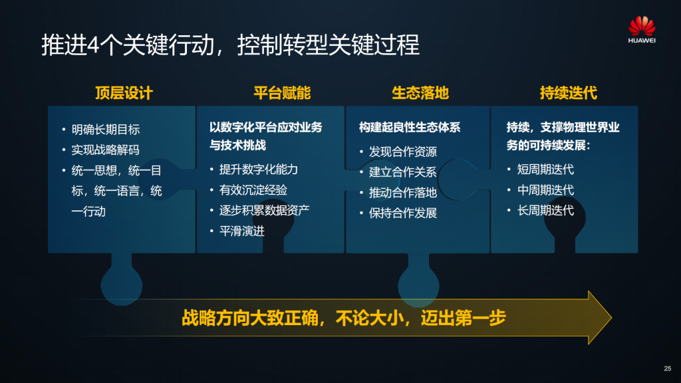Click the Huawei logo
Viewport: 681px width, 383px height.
click(642, 29)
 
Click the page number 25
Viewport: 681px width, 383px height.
click(668, 368)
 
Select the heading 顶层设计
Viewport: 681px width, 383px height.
click(124, 93)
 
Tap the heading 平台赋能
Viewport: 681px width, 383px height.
click(282, 93)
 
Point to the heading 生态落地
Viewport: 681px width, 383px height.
click(420, 93)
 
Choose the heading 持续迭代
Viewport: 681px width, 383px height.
click(568, 93)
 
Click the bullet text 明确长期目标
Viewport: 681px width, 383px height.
click(106, 130)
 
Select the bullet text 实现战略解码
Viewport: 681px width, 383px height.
click(106, 150)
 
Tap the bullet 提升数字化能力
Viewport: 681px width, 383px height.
click(259, 170)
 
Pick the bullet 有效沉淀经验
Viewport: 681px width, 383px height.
click(253, 190)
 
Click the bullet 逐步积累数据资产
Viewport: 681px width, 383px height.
click(265, 210)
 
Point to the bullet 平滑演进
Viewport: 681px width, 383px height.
click(242, 231)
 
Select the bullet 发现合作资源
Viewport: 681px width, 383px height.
click(402, 152)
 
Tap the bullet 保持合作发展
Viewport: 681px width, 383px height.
click(402, 213)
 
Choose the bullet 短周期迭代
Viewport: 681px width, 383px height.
click(545, 170)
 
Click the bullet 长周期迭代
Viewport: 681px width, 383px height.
click(545, 210)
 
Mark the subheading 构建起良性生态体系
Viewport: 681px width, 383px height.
click(410, 127)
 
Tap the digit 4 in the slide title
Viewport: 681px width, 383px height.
click(94, 45)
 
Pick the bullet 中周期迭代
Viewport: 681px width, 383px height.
click(545, 190)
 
